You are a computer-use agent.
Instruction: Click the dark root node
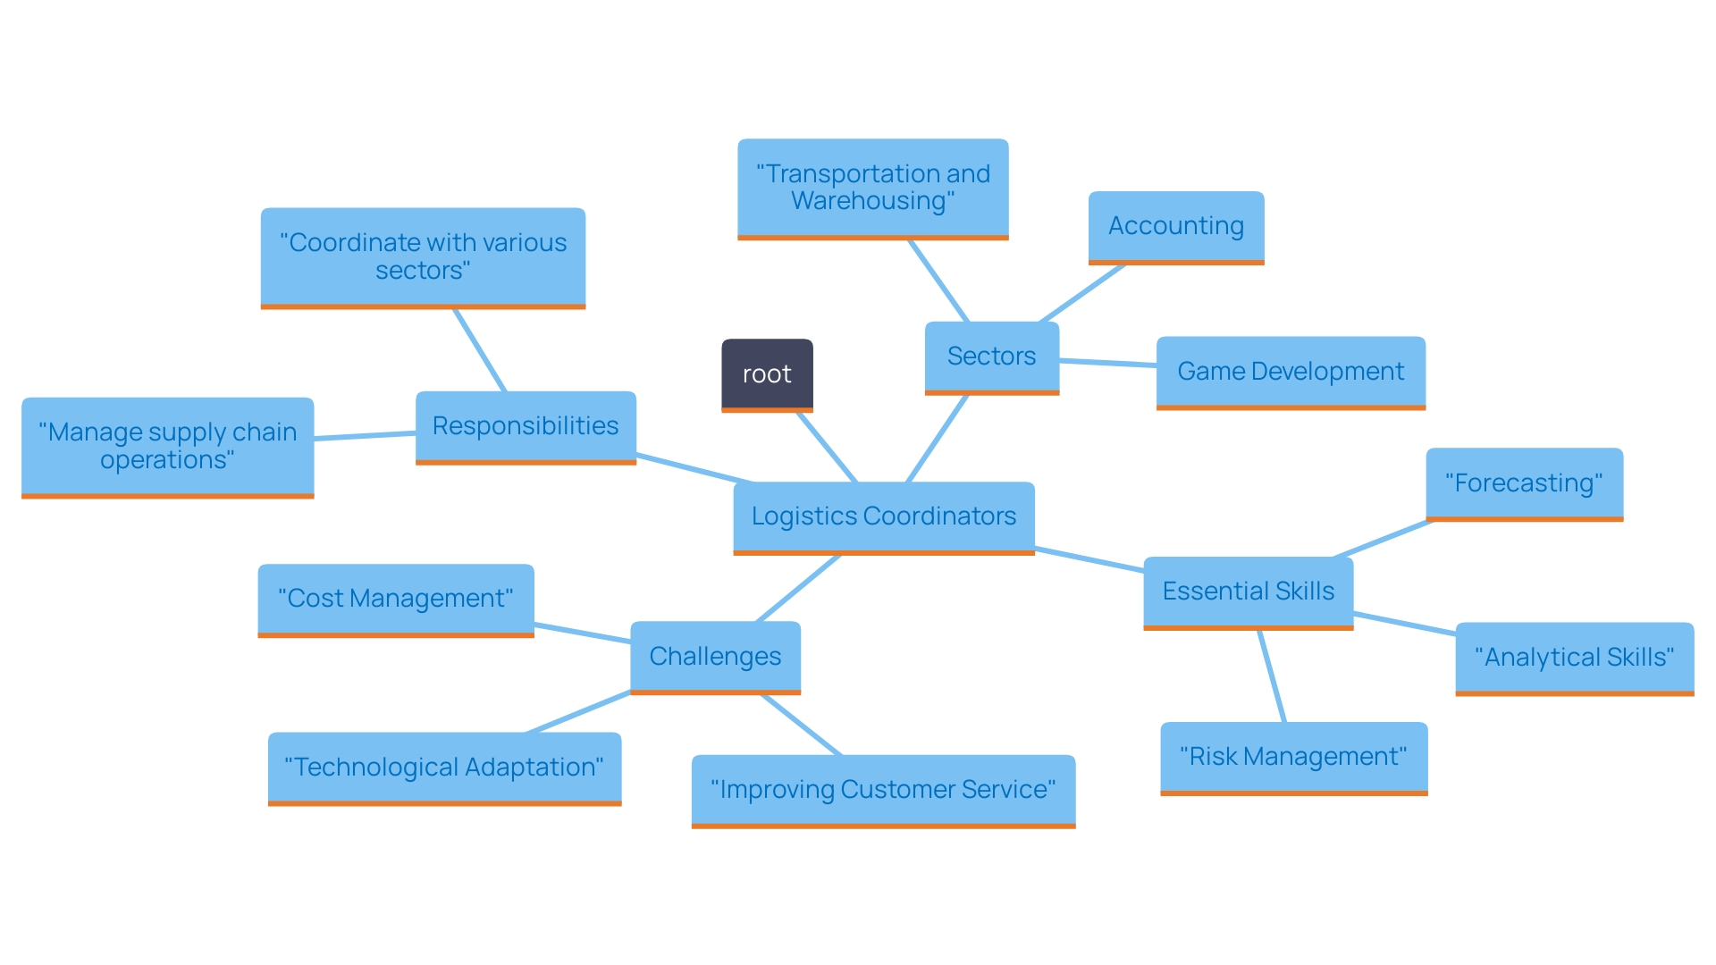pos(767,374)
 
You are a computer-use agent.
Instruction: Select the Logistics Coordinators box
pos(883,516)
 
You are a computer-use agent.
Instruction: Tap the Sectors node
pos(991,357)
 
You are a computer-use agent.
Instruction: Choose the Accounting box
pos(1175,226)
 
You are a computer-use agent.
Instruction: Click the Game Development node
pos(1290,372)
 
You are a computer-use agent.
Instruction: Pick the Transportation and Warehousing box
pos(872,188)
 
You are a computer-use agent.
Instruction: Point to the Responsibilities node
pos(526,426)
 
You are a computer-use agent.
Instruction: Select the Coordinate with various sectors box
pos(423,256)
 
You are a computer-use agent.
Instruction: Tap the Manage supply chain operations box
pos(167,446)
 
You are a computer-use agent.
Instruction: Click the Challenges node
pos(715,657)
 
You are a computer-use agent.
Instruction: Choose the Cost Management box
pos(395,599)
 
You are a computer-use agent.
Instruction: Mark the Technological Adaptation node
pos(444,768)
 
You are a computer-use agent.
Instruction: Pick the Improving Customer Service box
pos(883,790)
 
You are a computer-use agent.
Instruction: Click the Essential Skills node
pos(1248,592)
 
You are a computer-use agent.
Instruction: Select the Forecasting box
pos(1524,483)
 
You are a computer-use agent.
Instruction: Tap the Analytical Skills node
pos(1574,658)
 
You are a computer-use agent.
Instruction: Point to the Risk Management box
pos(1293,757)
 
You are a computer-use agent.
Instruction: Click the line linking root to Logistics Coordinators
pos(827,448)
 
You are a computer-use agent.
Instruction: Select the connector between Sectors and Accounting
pos(1082,293)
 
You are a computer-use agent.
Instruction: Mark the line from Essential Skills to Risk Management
pos(1272,676)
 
